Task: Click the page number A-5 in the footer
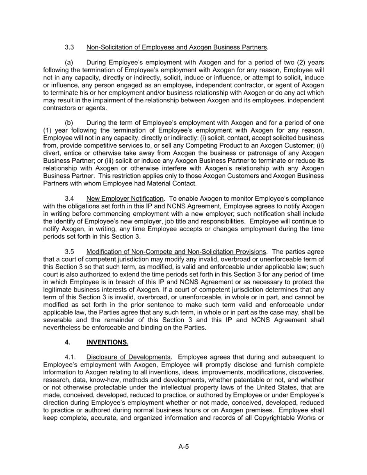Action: pyautogui.click(x=183, y=447)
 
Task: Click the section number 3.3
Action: pyautogui.click(x=69, y=47)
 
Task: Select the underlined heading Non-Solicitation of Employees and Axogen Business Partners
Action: pyautogui.click(x=177, y=47)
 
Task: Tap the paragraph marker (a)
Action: pyautogui.click(x=69, y=62)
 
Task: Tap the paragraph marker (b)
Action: pyautogui.click(x=69, y=122)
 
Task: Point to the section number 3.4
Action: pyautogui.click(x=69, y=198)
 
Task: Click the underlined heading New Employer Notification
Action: pyautogui.click(x=125, y=198)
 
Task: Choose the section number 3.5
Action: pyautogui.click(x=69, y=252)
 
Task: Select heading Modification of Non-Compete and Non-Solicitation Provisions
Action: pyautogui.click(x=176, y=252)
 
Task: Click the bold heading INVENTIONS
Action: pyautogui.click(x=107, y=342)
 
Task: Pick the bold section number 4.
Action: pyautogui.click(x=67, y=342)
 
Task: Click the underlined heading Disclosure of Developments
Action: pyautogui.click(x=128, y=357)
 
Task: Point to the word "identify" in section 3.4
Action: pyautogui.click(x=65, y=221)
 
